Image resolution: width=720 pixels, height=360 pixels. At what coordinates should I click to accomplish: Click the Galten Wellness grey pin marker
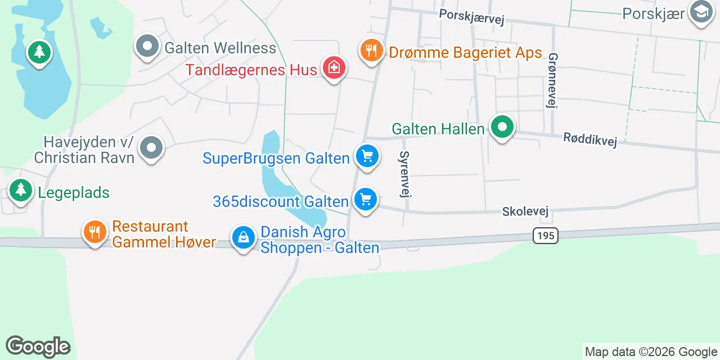pos(147,47)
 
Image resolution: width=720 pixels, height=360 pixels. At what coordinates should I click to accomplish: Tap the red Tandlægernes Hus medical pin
pos(334,68)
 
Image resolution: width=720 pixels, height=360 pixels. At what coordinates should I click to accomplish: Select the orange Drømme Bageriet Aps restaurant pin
pos(371,51)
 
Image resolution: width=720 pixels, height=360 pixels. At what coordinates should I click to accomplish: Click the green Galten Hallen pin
pos(502,127)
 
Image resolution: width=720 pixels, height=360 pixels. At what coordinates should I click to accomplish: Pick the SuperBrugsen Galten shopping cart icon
pos(367,156)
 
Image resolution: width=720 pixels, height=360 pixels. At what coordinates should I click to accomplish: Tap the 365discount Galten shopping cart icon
pos(366,199)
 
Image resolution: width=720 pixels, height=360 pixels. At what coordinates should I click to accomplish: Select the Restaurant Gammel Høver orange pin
pos(95,232)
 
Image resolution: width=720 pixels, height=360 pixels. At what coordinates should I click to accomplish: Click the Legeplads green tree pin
pos(21,190)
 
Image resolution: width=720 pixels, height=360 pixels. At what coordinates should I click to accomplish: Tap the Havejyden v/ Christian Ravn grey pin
pos(151,148)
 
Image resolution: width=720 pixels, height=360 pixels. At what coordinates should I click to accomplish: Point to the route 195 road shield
pos(546,235)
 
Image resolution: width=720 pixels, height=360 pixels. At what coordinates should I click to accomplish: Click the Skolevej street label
pos(525,211)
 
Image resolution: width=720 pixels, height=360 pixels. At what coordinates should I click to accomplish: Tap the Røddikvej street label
pos(590,139)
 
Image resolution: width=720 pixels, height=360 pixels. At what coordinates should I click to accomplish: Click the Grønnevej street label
pos(552,80)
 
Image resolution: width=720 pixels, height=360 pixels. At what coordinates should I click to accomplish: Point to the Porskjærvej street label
pos(471,16)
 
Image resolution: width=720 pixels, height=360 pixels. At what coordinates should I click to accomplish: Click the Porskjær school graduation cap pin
pos(701,11)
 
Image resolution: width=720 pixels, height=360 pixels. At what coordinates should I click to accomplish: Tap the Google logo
pos(38,346)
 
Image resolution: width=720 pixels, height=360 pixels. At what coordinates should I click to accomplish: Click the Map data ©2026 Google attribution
pos(651,352)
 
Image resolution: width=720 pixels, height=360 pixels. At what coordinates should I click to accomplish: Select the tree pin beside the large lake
pos(39,52)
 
